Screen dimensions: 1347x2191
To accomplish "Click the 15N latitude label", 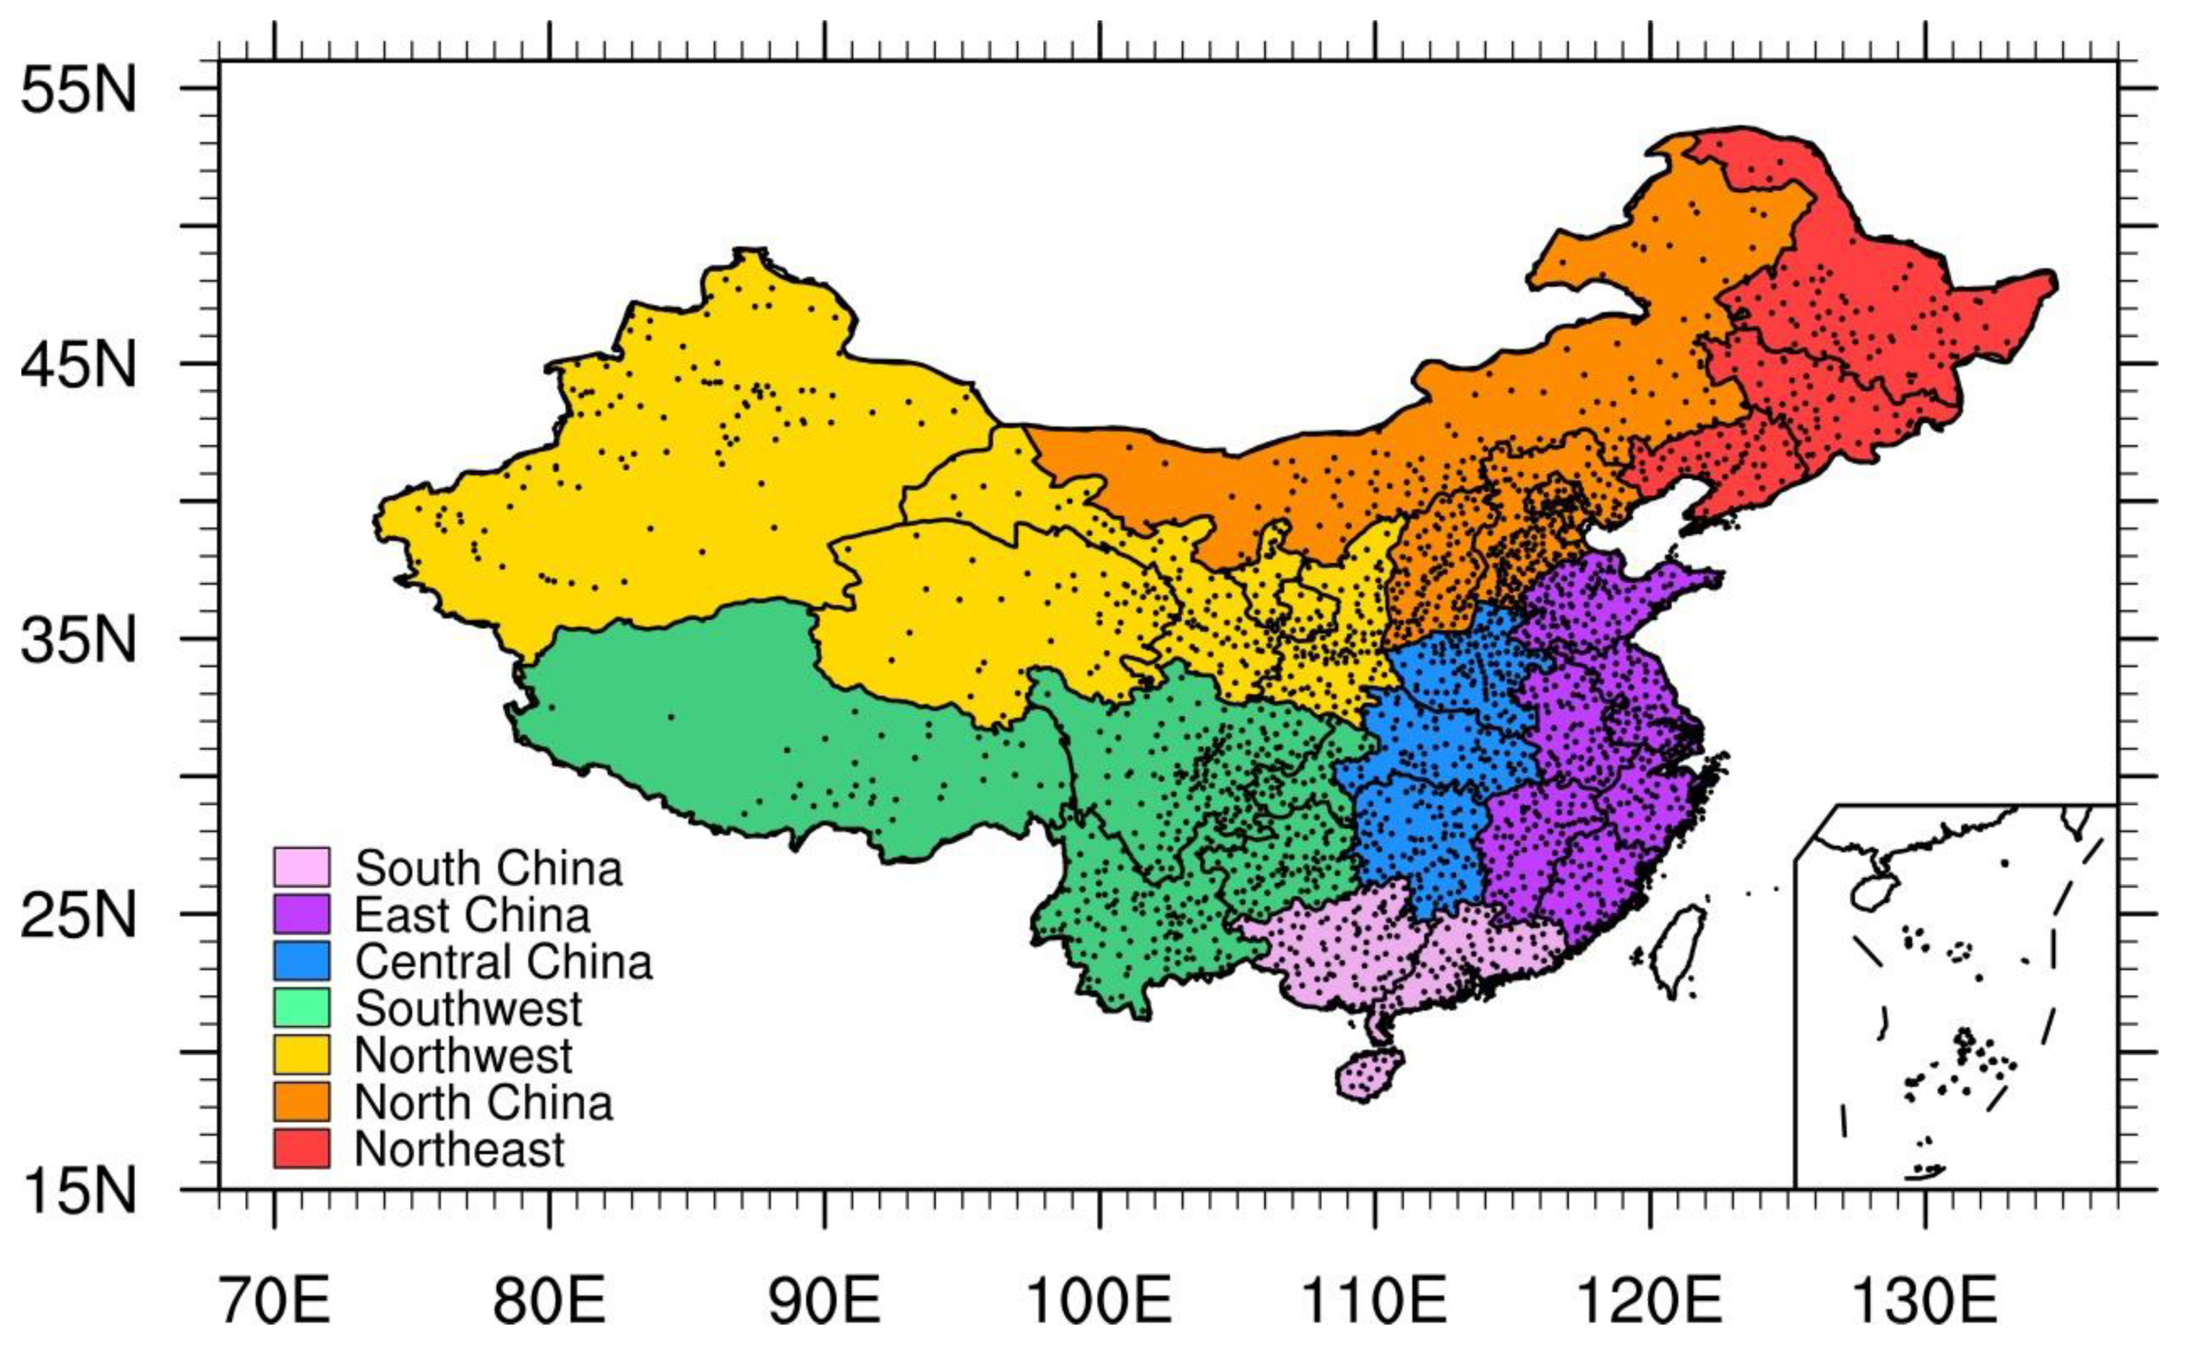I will coord(78,1191).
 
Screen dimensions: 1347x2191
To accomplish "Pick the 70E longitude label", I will coord(274,1303).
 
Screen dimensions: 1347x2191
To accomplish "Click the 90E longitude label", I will coord(825,1303).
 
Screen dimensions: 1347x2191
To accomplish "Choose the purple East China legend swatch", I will coord(301,914).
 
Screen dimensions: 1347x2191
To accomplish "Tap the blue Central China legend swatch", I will coord(301,960).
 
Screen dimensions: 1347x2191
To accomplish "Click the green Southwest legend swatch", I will coord(301,1007).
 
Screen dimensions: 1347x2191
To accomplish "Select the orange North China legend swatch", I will coord(301,1102).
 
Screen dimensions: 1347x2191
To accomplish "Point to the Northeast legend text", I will coord(460,1149).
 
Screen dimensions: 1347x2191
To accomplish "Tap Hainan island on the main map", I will coord(1369,1075).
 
